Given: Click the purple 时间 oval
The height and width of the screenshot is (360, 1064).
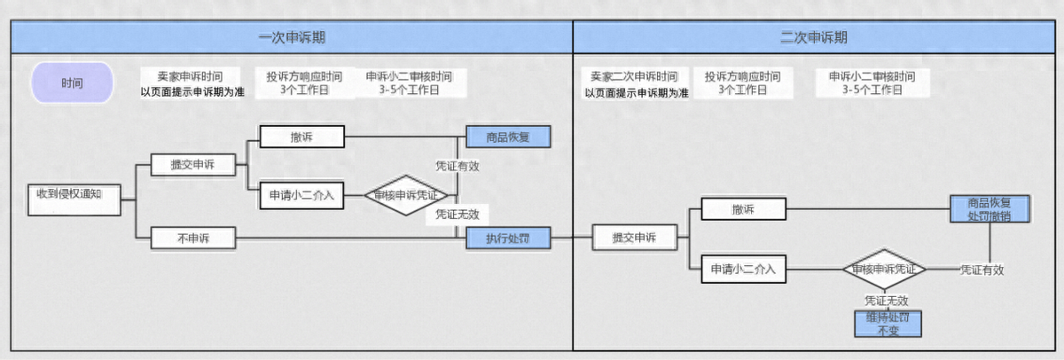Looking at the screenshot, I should pyautogui.click(x=72, y=83).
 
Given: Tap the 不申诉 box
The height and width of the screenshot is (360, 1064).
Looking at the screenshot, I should pyautogui.click(x=192, y=238).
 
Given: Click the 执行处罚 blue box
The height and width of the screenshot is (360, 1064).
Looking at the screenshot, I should pyautogui.click(x=509, y=238).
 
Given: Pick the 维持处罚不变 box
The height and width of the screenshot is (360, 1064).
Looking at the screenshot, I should pyautogui.click(x=888, y=324).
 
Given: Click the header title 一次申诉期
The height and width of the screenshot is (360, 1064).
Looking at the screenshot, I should pyautogui.click(x=291, y=37).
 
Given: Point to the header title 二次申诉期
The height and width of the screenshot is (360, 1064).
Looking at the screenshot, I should pyautogui.click(x=814, y=37).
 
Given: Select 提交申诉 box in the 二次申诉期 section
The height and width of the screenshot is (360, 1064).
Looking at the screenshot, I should pyautogui.click(x=635, y=238).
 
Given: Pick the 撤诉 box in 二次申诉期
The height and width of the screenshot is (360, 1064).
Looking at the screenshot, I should pyautogui.click(x=743, y=209).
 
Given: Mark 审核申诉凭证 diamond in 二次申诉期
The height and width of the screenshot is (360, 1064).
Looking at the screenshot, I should pyautogui.click(x=884, y=269).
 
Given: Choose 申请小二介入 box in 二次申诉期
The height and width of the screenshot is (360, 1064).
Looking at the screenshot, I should pyautogui.click(x=743, y=269).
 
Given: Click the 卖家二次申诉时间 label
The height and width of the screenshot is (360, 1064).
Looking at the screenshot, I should pyautogui.click(x=634, y=77).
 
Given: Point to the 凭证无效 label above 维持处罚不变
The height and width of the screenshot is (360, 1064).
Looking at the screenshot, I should pyautogui.click(x=888, y=301).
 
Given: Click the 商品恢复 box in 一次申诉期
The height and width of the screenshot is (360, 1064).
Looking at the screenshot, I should pyautogui.click(x=509, y=137).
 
